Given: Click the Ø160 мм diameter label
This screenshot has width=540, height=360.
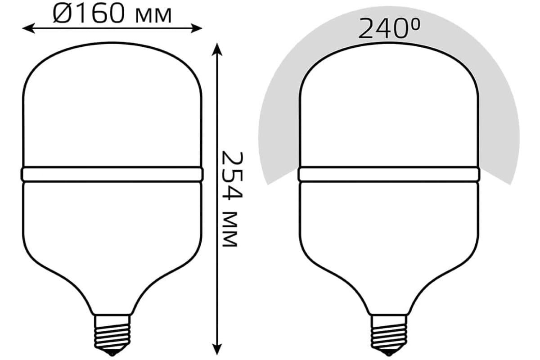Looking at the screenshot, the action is (112, 14).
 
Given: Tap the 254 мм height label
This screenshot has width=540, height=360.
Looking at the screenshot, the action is (232, 199).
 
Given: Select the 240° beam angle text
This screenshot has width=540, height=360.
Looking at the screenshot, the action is (389, 28).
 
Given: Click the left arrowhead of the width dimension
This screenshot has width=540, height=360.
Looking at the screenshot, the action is (28, 28).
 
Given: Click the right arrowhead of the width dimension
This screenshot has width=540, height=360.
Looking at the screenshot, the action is (196, 28).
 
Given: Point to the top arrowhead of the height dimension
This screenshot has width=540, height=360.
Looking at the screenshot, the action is (217, 49).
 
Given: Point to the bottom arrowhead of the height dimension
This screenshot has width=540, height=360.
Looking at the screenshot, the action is (217, 349).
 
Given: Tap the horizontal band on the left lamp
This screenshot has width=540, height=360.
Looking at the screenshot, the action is (112, 174).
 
